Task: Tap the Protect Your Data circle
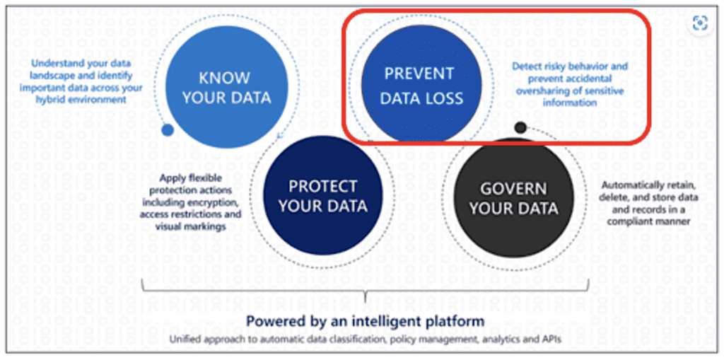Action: (322, 195)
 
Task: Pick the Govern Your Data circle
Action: (513, 197)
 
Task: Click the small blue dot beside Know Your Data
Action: (168, 130)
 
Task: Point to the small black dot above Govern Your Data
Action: (520, 127)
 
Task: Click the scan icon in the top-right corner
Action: (701, 23)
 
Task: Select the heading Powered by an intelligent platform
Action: (365, 320)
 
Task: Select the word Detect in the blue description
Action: (524, 66)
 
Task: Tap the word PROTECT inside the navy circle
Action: (322, 186)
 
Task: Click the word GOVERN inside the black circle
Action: (513, 189)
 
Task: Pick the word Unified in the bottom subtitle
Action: (183, 339)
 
